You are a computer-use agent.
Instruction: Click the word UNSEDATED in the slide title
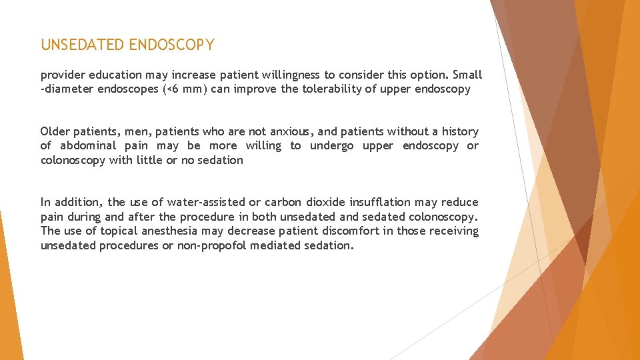click(x=83, y=45)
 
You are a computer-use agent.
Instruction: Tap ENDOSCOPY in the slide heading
click(x=172, y=45)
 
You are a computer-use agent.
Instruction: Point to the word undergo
click(x=331, y=146)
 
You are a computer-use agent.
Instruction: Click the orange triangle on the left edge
click(x=8, y=293)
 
